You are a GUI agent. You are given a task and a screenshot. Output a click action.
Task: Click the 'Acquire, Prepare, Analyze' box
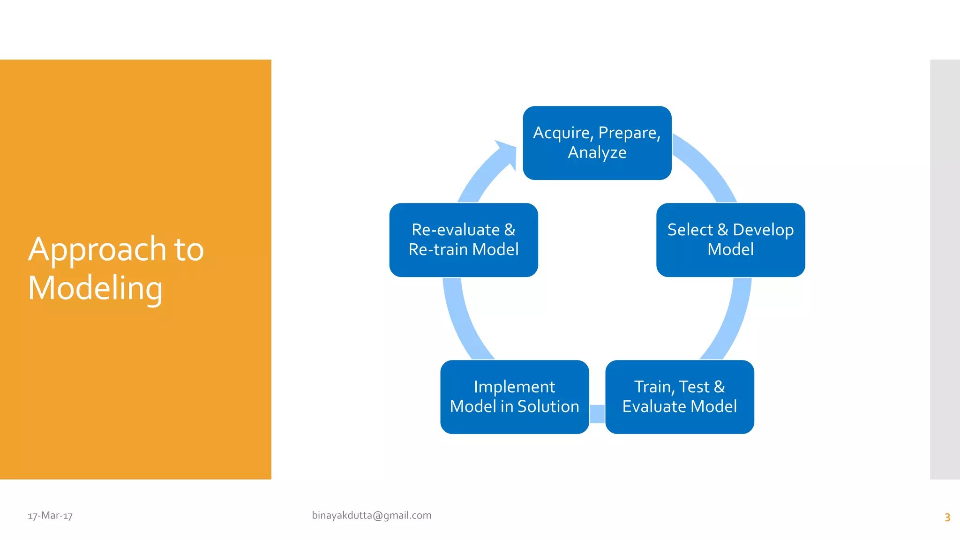click(597, 142)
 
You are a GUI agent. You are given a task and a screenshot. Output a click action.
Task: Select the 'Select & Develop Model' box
click(730, 240)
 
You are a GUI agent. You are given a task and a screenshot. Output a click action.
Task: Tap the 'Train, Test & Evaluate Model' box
click(679, 397)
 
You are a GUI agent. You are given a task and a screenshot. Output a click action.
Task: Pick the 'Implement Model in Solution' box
click(514, 397)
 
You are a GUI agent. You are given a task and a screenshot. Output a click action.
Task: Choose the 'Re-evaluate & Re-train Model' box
click(463, 240)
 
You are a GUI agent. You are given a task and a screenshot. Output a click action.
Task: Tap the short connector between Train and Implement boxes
click(597, 413)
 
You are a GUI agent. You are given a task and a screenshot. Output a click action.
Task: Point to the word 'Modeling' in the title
click(95, 288)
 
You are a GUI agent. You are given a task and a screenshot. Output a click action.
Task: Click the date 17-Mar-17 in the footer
click(50, 516)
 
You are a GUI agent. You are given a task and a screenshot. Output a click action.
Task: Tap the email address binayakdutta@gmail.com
click(371, 515)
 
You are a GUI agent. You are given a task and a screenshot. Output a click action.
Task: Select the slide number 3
click(947, 517)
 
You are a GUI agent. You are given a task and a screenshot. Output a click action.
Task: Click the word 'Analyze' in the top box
click(597, 153)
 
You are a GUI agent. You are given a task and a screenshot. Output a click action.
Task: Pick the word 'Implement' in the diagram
click(514, 387)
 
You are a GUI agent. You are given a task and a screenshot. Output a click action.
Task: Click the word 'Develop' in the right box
click(763, 230)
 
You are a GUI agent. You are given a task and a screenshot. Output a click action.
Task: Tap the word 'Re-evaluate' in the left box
click(455, 230)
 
